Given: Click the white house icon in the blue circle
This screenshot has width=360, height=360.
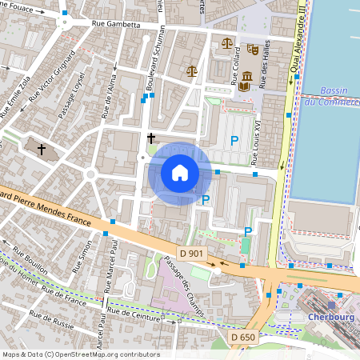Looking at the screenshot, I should click(x=180, y=173).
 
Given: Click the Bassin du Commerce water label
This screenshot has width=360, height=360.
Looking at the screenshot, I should click(x=334, y=96).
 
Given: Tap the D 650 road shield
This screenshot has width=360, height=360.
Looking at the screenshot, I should click(x=243, y=337).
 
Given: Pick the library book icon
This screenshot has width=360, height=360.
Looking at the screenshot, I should click(x=246, y=79).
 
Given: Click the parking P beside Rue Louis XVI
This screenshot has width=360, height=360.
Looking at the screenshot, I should click(x=234, y=141).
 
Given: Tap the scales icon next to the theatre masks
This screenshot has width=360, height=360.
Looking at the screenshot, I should click(x=227, y=43).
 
